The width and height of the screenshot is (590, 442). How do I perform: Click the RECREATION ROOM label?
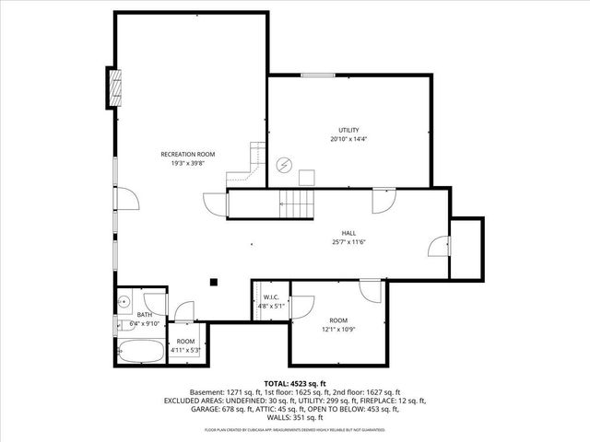click(188, 154)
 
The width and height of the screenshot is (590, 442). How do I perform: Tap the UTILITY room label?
click(348, 130)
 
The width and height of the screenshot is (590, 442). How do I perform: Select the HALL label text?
click(348, 234)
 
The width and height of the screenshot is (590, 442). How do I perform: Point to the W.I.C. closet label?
click(271, 297)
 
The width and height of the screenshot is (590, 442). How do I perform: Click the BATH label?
click(145, 315)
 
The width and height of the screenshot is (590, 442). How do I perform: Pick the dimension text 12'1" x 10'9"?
click(337, 330)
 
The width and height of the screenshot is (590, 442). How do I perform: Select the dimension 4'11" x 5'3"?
click(185, 350)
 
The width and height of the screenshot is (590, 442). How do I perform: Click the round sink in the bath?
click(124, 302)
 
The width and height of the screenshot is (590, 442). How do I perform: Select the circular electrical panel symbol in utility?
click(285, 165)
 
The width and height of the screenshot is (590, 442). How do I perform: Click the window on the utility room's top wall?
click(317, 75)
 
